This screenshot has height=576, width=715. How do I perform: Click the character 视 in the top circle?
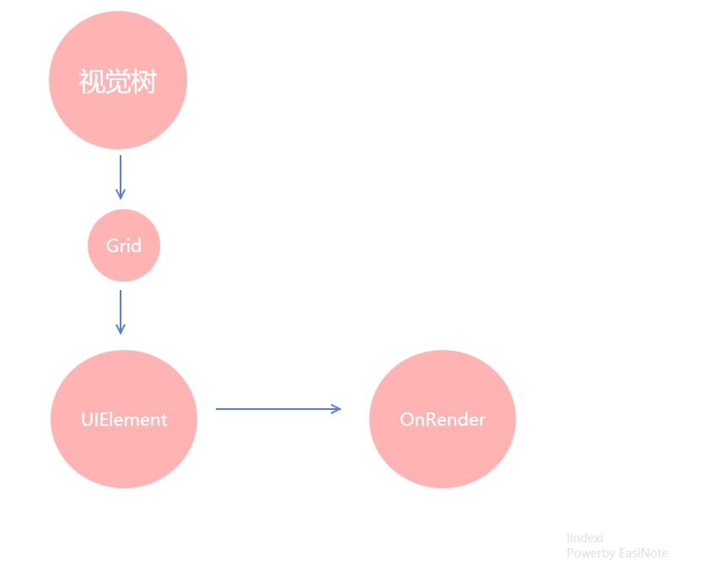click(92, 81)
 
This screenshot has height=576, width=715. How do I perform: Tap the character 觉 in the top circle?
click(118, 81)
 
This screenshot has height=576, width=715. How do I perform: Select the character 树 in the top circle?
click(143, 81)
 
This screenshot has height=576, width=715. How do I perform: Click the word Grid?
click(124, 245)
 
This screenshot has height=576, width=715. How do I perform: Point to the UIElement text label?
click(124, 420)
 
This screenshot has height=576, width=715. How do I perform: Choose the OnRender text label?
click(443, 420)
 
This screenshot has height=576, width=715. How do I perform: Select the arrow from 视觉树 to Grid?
click(121, 177)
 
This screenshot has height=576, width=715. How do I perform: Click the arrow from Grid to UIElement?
click(121, 312)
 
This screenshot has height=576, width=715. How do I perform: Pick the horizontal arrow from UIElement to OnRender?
click(278, 409)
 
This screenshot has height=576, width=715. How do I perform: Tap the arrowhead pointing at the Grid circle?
click(121, 194)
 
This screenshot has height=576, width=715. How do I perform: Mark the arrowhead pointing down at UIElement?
click(121, 329)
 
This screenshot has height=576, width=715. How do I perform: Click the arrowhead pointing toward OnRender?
click(336, 409)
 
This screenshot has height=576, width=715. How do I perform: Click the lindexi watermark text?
click(584, 538)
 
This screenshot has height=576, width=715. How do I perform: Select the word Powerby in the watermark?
click(591, 554)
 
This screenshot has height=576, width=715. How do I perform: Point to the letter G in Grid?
click(112, 245)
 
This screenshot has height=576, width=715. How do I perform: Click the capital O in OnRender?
click(406, 420)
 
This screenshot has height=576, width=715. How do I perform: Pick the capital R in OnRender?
click(431, 420)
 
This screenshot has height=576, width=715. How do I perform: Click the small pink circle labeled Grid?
click(124, 245)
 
